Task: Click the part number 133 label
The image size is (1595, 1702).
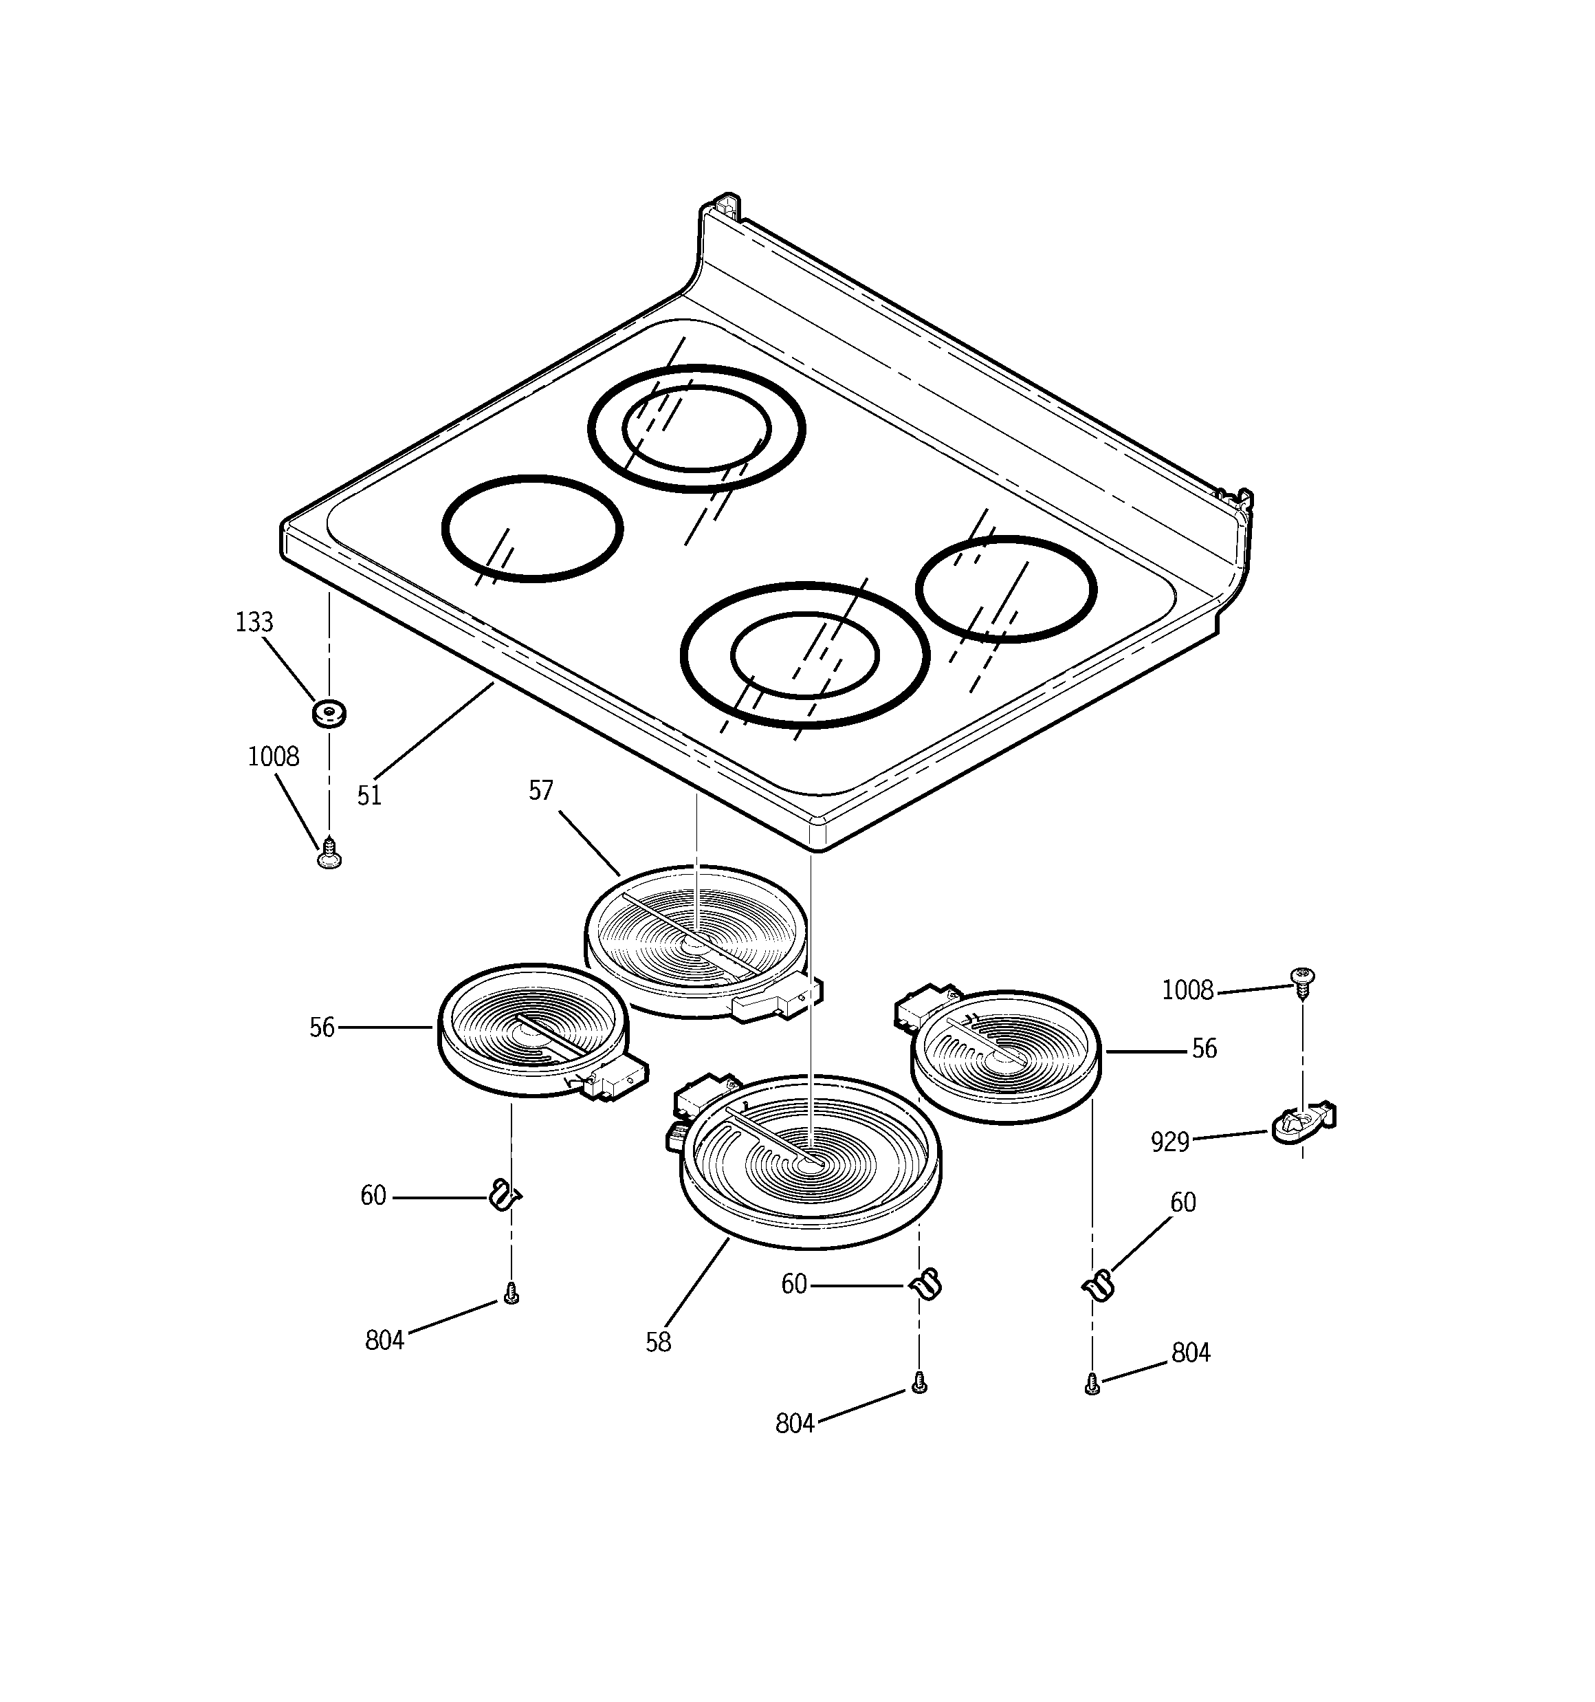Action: pos(254,622)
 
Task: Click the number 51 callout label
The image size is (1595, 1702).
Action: pos(369,796)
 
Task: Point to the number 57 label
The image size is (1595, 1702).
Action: pos(541,790)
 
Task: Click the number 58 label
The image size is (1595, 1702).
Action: pos(659,1342)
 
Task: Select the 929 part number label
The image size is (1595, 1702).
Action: pos(1170,1142)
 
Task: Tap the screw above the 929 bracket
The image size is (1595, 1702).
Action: pos(1302,982)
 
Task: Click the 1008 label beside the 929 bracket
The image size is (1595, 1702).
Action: pos(1187,990)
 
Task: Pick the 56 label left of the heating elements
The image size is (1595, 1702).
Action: pos(322,1027)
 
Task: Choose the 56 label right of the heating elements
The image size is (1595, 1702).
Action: pos(1204,1049)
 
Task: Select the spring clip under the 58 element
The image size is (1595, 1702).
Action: pos(925,1283)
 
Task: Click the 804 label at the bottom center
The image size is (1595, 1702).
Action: pos(795,1423)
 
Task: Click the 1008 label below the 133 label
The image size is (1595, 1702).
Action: pos(273,757)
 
